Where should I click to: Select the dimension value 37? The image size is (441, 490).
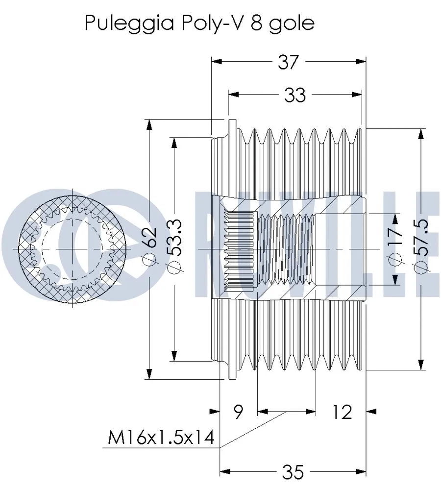(x=289, y=62)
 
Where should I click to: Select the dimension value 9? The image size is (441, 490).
(x=238, y=412)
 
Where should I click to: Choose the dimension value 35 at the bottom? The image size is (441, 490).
(x=293, y=472)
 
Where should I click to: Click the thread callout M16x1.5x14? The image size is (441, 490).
(x=161, y=438)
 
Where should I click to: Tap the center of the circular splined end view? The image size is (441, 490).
(x=73, y=249)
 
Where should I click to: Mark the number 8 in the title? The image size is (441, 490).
(x=256, y=23)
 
